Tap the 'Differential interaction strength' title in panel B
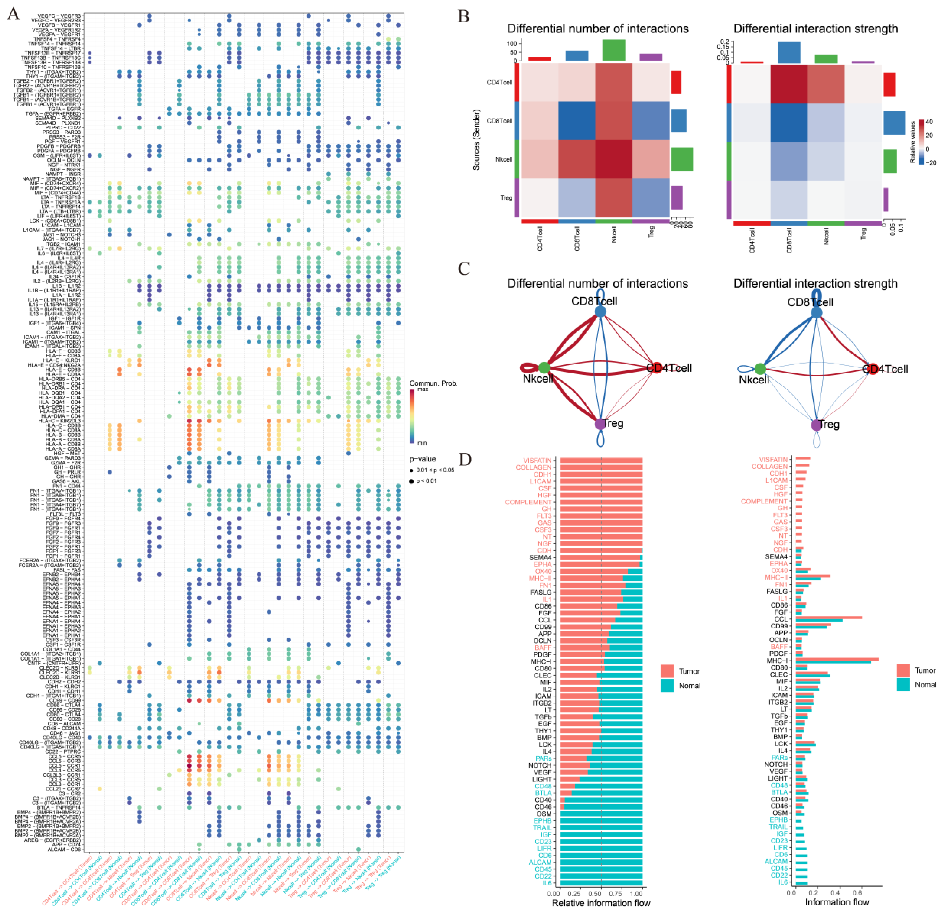point(816,29)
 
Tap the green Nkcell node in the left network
point(544,368)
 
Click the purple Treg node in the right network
point(816,425)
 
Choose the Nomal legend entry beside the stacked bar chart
point(689,685)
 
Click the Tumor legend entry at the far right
point(925,670)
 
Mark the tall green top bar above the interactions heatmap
point(614,50)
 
